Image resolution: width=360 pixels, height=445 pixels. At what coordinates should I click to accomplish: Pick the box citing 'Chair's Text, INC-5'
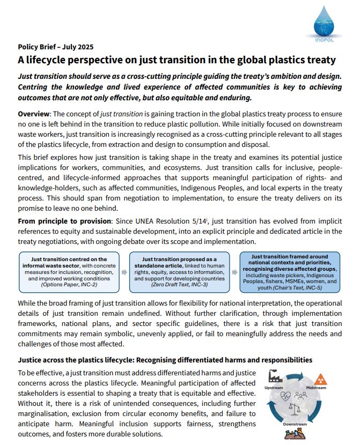coord(290,272)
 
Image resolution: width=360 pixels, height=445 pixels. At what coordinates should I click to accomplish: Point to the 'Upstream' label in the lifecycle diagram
coord(274,388)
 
